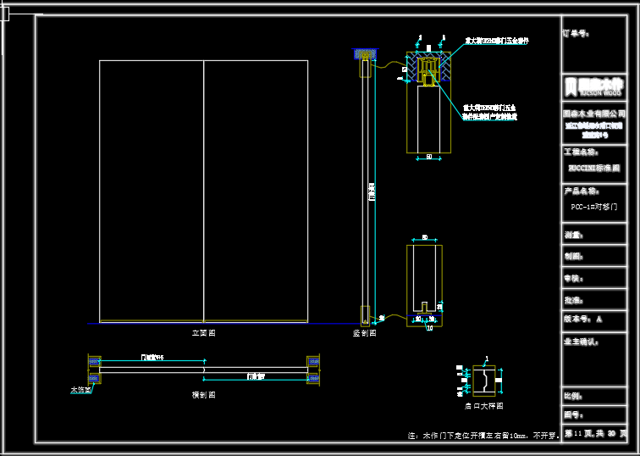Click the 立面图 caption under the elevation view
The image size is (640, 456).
[x=203, y=334]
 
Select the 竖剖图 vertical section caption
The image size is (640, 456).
[x=364, y=334]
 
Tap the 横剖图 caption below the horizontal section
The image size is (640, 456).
[x=204, y=395]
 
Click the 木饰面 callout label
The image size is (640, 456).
[x=80, y=391]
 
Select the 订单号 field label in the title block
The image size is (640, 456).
[x=577, y=35]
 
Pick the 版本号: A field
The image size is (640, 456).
[x=582, y=320]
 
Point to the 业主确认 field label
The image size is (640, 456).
[x=582, y=342]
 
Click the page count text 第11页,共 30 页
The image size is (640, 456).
[x=596, y=434]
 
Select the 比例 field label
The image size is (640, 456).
[x=573, y=396]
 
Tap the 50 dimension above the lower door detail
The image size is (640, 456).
[x=424, y=237]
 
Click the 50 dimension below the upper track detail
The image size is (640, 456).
[x=428, y=157]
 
